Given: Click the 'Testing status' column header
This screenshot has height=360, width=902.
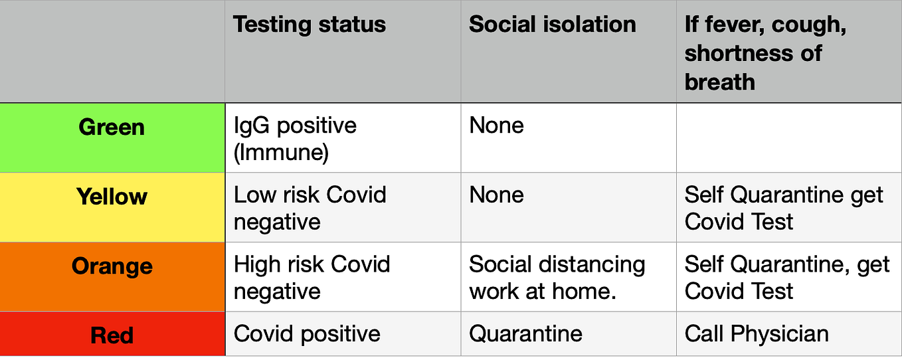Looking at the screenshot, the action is coord(310,24).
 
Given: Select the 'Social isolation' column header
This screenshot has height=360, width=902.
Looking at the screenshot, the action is coord(553,24).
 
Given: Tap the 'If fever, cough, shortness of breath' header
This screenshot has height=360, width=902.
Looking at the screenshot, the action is coord(765,53).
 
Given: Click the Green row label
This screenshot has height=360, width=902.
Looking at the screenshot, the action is coord(112,128).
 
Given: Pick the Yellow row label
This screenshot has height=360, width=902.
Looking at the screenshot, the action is coord(112,197).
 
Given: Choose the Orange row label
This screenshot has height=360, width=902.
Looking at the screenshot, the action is coord(112,266).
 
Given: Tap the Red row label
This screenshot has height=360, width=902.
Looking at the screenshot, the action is coord(112,335).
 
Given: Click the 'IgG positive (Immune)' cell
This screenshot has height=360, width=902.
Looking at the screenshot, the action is coord(295,139).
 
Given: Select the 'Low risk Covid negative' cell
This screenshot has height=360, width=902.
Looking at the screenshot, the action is coord(310,208).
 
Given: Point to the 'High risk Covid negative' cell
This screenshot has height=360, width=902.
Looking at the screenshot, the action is coord(312,278).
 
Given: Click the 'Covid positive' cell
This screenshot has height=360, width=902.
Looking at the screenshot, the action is coord(307,334).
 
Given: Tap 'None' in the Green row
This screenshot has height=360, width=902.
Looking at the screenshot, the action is coord(496,126).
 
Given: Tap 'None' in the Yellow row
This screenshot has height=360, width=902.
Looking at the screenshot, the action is coord(496,195).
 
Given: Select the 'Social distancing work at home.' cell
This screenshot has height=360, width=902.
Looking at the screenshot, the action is coord(557,278).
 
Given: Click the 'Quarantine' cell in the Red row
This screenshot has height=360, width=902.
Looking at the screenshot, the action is coord(525,334).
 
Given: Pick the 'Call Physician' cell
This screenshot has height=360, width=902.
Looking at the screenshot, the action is coord(757,334).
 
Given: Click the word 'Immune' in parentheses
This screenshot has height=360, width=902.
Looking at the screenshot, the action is coord(281,153).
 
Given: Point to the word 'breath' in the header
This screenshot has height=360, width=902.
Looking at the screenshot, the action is coord(719,82).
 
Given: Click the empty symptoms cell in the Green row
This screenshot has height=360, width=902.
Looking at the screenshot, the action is coord(789,138).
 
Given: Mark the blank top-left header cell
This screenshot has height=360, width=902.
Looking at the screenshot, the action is coord(112,51).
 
